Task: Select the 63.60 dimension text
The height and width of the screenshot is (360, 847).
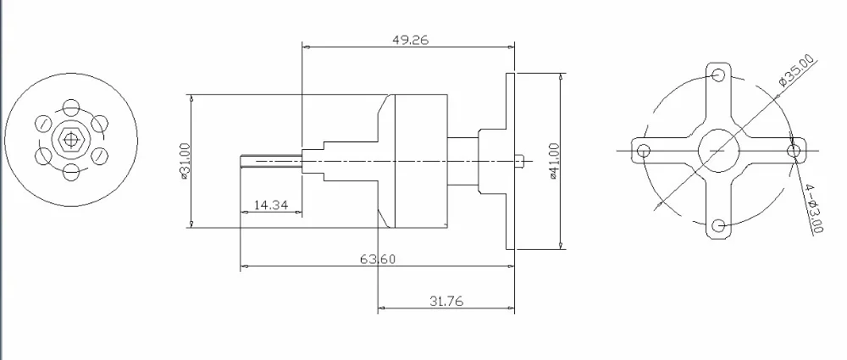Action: click(x=378, y=259)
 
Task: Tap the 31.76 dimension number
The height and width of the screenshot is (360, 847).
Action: click(x=446, y=301)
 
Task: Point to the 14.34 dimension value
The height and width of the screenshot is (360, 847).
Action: click(x=271, y=205)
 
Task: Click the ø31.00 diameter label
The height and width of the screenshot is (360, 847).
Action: click(x=184, y=161)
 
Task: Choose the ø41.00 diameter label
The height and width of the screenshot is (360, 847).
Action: click(x=554, y=161)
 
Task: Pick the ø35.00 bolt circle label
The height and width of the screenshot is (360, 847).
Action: click(x=796, y=70)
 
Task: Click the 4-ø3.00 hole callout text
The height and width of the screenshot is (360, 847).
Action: click(x=814, y=208)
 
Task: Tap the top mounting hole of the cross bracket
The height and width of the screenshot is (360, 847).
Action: click(x=718, y=75)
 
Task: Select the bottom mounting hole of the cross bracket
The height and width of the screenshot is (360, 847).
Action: click(x=718, y=226)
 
